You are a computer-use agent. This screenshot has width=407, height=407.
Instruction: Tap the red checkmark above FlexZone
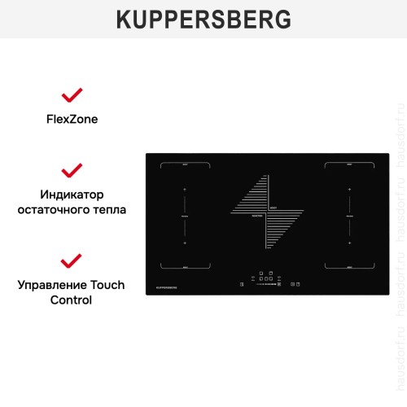(72, 95)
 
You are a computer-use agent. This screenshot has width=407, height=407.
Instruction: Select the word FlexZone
(72, 118)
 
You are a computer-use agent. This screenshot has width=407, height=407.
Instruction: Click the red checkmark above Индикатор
(72, 170)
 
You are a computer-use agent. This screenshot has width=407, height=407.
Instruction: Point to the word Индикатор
(72, 195)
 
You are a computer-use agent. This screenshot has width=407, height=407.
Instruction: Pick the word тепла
(110, 209)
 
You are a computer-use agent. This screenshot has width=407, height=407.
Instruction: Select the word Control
(72, 300)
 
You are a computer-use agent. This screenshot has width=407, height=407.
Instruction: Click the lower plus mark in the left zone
(185, 243)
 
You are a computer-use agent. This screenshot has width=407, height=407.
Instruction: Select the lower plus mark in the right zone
(348, 243)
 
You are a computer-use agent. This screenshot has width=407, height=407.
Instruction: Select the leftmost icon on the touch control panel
(242, 284)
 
